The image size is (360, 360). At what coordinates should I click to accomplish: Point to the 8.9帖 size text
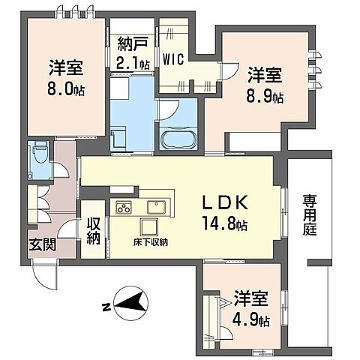(266, 96)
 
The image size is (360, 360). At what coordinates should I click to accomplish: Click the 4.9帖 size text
(250, 319)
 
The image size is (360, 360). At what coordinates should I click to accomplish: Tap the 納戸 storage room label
(133, 43)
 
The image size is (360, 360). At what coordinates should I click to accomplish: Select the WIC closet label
(175, 57)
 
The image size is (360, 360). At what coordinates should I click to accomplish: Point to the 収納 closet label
(94, 231)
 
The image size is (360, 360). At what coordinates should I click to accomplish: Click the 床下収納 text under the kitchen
(151, 242)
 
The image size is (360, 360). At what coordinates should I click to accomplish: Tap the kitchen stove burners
(122, 207)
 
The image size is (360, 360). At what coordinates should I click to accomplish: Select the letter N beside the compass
(106, 307)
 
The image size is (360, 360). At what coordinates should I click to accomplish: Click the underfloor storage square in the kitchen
(146, 226)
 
